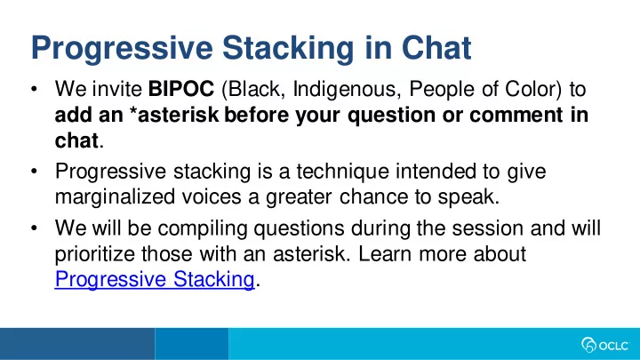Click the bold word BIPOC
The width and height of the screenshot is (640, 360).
[x=180, y=89]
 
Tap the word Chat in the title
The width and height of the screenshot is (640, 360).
[x=436, y=48]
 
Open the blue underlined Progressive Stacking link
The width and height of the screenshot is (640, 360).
[x=155, y=280]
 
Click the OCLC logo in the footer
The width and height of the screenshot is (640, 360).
[x=605, y=345]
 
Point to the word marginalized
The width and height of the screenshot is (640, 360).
[x=115, y=197]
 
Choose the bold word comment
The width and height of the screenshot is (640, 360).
[x=516, y=115]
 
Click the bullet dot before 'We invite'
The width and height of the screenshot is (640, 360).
[x=35, y=89]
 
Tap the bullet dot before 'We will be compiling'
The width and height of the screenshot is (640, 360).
[x=35, y=228]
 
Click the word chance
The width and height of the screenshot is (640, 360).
[x=373, y=197]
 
